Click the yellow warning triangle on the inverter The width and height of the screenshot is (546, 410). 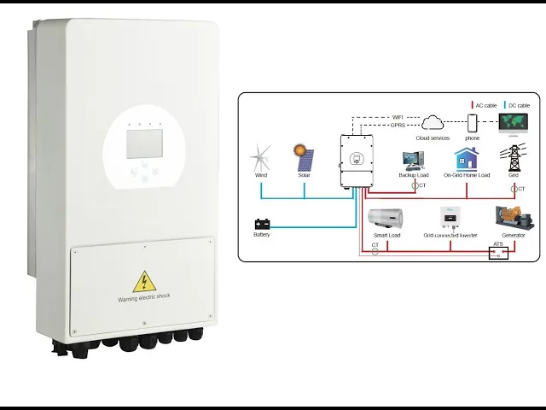pos(145,282)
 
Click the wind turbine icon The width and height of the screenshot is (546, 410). pos(262,159)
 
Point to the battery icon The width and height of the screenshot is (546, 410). pos(262,225)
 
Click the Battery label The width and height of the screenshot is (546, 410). pos(262,235)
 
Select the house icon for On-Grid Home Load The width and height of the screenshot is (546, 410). pos(466,159)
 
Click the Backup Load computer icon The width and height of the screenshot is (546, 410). pos(413,159)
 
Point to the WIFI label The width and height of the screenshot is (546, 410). pos(398,116)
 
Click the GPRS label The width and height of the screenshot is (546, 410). pos(398,126)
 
